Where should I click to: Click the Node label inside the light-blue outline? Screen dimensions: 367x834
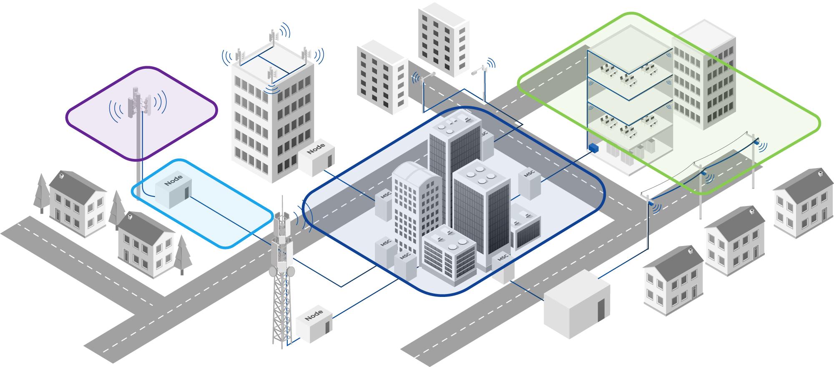(x=173, y=181)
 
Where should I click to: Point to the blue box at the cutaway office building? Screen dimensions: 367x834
(x=593, y=148)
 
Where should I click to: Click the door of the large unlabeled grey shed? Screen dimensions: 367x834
(x=600, y=310)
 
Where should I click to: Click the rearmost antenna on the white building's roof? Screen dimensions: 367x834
(x=274, y=38)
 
